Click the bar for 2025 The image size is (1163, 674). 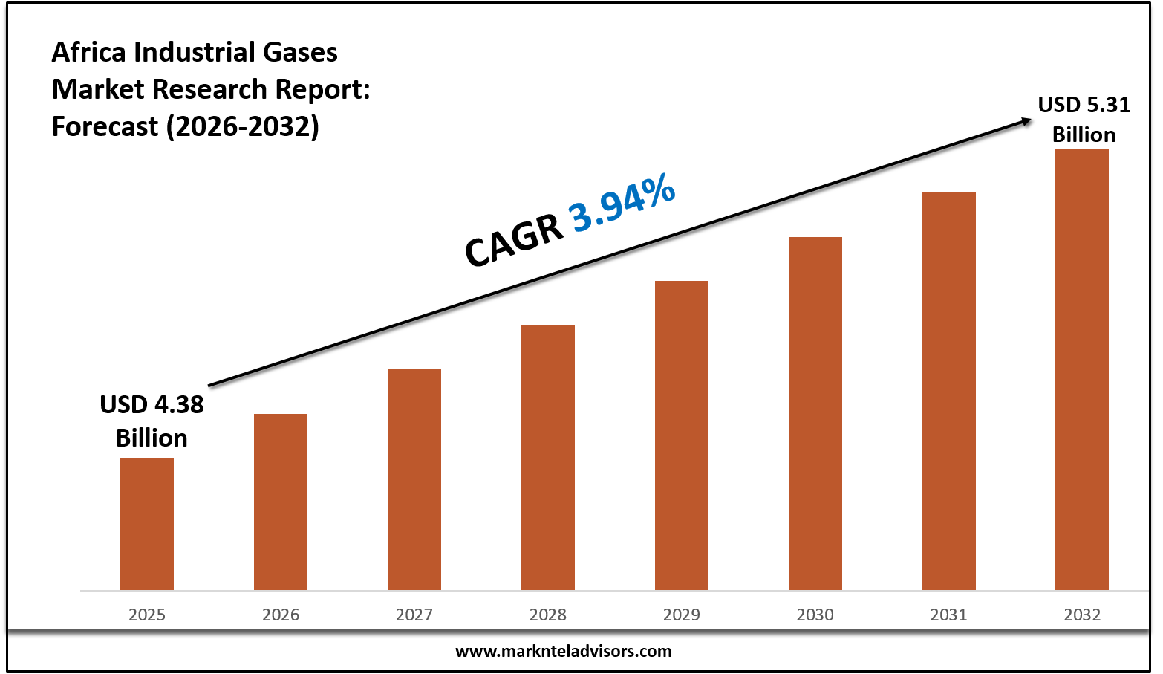pos(147,524)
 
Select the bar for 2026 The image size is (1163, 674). pos(281,502)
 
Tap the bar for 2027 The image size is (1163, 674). pos(414,479)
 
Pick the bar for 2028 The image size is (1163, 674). pos(548,458)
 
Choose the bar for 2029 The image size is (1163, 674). pos(682,435)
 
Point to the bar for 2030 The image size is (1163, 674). pos(815,413)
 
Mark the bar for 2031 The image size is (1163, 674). pos(949,391)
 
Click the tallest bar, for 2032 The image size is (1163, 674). pos(1082,369)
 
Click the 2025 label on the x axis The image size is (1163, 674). pos(147,615)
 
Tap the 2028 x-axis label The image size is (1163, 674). pos(548,615)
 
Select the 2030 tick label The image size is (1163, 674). pos(815,615)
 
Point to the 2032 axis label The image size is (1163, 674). pos(1082,615)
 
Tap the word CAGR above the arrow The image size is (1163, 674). pos(514,240)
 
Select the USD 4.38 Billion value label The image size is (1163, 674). pos(152,421)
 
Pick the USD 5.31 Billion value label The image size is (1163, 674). pos(1084,120)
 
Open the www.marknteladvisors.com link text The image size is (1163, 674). pos(563,652)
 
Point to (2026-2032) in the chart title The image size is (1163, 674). pos(242,127)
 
